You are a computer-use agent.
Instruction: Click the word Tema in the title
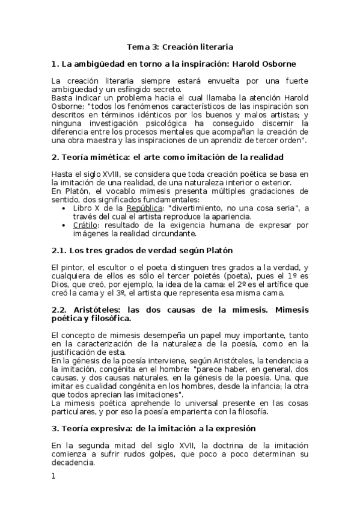point(138,46)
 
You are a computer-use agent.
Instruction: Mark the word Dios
point(61,284)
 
